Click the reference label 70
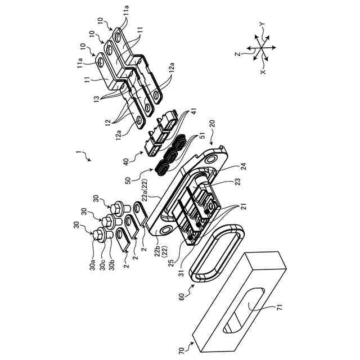tap(181, 351)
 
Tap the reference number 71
tap(280, 307)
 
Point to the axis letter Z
tap(237, 54)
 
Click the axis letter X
tap(263, 72)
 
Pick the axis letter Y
tap(263, 24)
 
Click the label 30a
tap(92, 264)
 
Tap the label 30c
tap(102, 264)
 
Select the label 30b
tap(112, 264)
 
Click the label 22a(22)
tap(146, 191)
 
